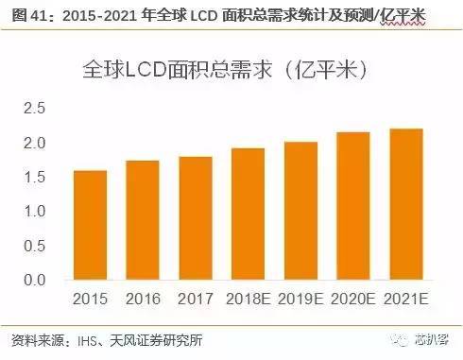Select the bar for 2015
[91, 225]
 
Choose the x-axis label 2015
[91, 300]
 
